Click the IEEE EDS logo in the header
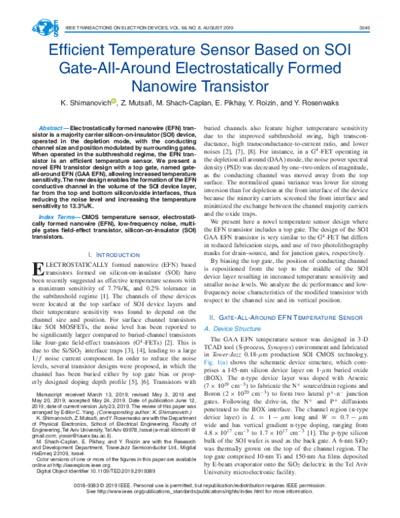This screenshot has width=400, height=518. pos(46,27)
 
